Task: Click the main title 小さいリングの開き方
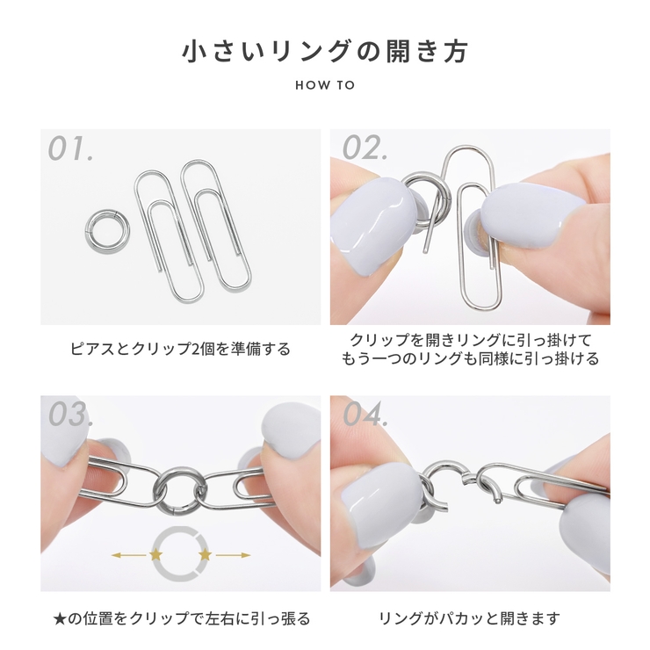[325, 51]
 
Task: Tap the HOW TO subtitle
[325, 86]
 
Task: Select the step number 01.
[70, 148]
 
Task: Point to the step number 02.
[365, 148]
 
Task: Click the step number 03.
[70, 415]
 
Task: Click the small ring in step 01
[107, 227]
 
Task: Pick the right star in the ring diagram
[206, 554]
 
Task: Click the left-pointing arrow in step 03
[127, 554]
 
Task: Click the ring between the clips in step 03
[180, 486]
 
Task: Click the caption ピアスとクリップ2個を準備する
[180, 349]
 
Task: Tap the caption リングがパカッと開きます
[469, 618]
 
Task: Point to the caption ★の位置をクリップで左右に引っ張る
[180, 618]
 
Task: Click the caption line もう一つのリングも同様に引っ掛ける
[469, 358]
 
